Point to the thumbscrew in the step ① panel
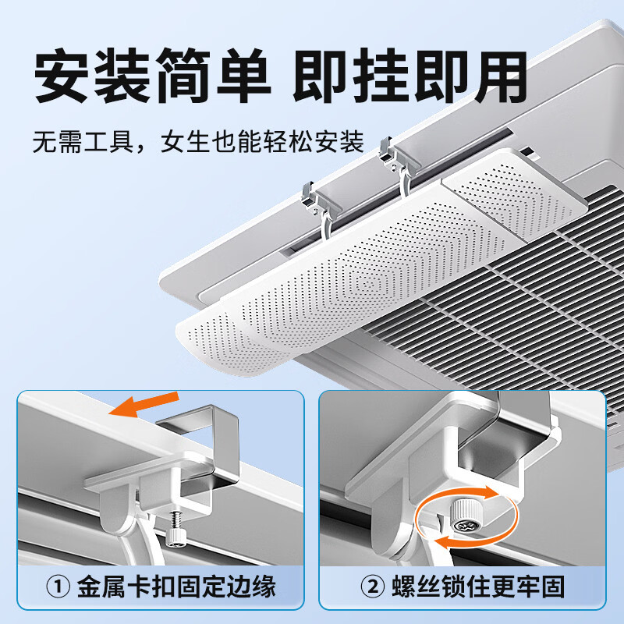tap(175, 530)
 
